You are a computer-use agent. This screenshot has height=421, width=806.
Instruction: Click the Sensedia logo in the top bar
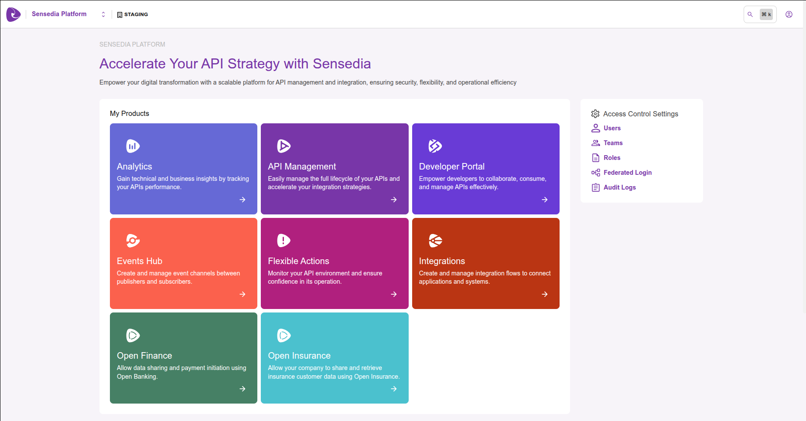(x=14, y=14)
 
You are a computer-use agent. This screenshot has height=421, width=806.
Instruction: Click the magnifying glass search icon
(x=750, y=14)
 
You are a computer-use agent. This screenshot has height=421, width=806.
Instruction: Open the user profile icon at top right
(x=789, y=14)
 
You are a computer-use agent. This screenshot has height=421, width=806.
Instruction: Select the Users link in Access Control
(x=612, y=128)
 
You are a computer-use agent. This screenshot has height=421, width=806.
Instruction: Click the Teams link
(x=613, y=143)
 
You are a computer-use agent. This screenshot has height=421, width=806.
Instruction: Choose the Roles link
(x=611, y=158)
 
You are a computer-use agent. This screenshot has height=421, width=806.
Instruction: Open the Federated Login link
(x=627, y=173)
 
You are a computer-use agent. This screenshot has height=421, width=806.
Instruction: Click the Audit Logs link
(x=619, y=187)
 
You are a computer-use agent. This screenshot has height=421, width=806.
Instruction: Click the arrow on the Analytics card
(x=242, y=200)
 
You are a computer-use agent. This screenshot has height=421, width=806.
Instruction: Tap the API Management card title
(x=302, y=166)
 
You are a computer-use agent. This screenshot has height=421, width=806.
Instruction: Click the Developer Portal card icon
(x=435, y=146)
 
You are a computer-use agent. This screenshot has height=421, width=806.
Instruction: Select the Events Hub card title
(x=140, y=261)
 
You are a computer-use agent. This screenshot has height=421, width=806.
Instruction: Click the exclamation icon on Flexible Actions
(x=283, y=241)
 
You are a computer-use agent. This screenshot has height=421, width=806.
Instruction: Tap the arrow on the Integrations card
(x=545, y=294)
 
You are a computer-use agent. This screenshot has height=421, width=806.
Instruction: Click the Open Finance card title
(x=144, y=356)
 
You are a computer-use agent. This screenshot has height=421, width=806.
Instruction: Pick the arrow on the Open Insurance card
(x=394, y=389)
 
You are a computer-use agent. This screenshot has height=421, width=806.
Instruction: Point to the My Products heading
(x=130, y=113)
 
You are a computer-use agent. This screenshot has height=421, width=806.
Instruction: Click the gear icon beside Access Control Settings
(x=595, y=114)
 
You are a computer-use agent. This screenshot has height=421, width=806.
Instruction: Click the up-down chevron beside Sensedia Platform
(x=103, y=14)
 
